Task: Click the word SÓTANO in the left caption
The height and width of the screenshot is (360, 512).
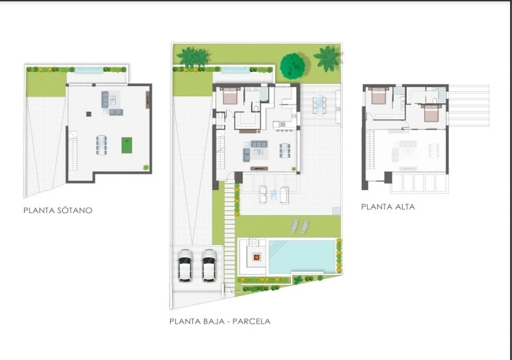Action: click(x=75, y=210)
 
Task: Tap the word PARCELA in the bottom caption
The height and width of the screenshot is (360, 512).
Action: click(x=253, y=321)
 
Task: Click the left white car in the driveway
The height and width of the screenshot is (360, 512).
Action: click(x=185, y=265)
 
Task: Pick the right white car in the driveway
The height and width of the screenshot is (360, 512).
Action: click(x=209, y=265)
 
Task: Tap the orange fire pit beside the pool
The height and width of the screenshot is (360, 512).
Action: click(x=257, y=257)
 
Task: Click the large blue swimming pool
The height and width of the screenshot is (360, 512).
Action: click(x=302, y=257)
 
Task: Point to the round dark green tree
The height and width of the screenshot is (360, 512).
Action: click(x=292, y=66)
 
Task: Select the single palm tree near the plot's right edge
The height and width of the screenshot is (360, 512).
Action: click(x=328, y=58)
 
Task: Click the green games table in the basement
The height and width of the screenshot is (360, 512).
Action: click(x=127, y=145)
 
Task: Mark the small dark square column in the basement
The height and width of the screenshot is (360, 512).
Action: click(x=89, y=114)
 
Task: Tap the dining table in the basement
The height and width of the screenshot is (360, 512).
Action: click(x=101, y=145)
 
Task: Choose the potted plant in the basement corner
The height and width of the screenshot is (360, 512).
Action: click(x=146, y=167)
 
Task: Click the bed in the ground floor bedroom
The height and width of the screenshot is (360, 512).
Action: click(x=230, y=95)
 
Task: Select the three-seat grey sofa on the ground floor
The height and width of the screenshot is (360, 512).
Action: click(x=259, y=144)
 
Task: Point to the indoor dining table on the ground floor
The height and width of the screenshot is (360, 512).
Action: click(x=284, y=150)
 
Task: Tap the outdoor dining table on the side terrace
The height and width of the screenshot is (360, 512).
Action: click(x=319, y=105)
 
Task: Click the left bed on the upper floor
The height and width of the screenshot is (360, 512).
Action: click(x=379, y=95)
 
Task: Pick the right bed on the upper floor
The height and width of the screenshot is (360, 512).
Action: click(x=432, y=113)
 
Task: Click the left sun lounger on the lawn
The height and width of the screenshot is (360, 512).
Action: click(x=294, y=225)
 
